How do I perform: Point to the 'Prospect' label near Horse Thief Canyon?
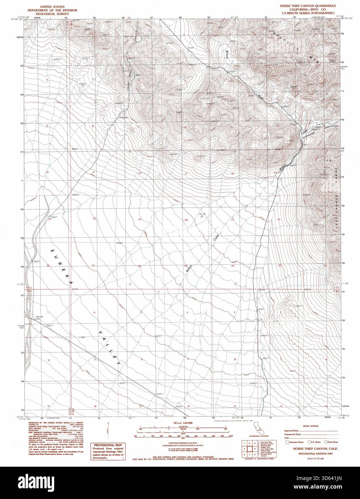pyautogui.click(x=124, y=117)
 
